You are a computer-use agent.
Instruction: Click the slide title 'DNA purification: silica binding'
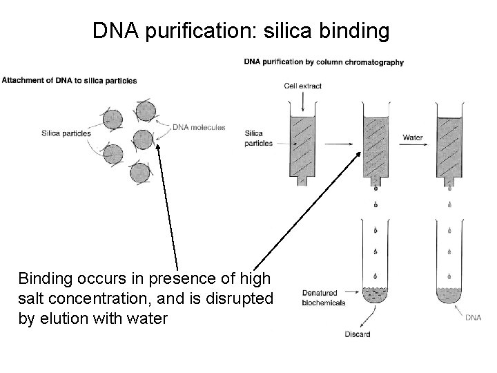242,30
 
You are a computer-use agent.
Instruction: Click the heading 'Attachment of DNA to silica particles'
69,80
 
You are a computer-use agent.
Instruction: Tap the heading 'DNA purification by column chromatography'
324,62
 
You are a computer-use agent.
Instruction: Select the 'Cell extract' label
302,86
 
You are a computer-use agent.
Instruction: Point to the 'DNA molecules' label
199,127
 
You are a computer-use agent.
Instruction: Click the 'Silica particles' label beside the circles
66,133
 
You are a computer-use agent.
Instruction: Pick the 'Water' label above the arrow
412,137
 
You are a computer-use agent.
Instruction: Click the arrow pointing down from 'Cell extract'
302,101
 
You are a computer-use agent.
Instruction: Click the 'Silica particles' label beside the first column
258,138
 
